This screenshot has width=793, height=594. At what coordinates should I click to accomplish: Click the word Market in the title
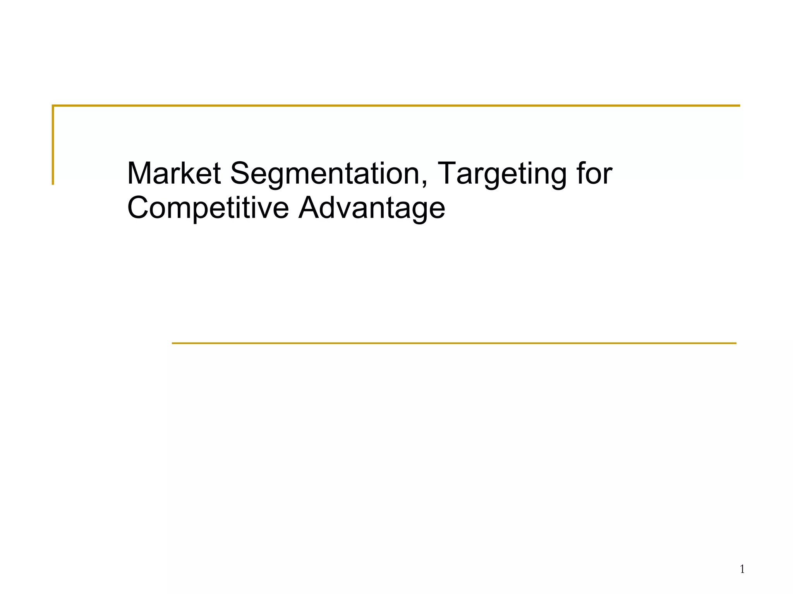[x=174, y=173]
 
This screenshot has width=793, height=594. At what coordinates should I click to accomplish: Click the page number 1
[x=742, y=569]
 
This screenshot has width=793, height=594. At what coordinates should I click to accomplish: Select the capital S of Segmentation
[x=240, y=173]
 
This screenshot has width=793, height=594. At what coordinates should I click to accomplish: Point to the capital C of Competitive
[x=138, y=208]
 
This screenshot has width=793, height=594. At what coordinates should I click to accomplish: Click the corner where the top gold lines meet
[x=53, y=106]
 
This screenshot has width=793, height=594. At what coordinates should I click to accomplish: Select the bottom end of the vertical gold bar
[x=53, y=184]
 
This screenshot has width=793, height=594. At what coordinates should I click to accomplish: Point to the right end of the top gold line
[x=739, y=106]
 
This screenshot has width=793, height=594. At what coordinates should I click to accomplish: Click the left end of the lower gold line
[x=173, y=343]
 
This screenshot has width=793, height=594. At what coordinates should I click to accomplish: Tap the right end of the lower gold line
[x=735, y=343]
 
